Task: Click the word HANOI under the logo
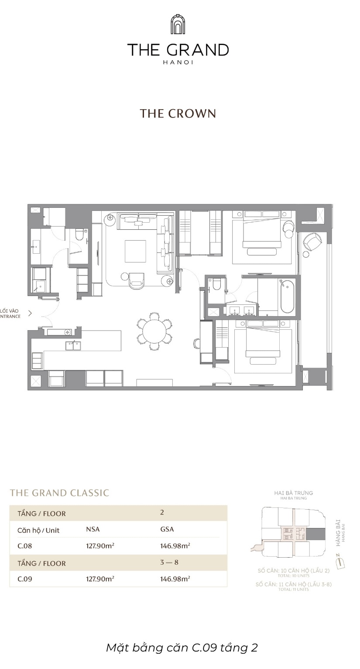[x=178, y=62]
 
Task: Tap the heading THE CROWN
[x=178, y=114]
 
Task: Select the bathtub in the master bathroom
[x=287, y=297]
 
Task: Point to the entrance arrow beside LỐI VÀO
[x=30, y=313]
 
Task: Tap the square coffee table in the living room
[x=135, y=252]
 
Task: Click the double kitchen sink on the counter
[x=73, y=346]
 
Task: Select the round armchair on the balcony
[x=312, y=241]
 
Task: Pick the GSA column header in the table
[x=167, y=529]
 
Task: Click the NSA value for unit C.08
[x=100, y=546]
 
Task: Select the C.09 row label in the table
[x=25, y=579]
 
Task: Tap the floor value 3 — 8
[x=169, y=562]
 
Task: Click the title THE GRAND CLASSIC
[x=59, y=493]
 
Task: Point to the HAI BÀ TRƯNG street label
[x=293, y=493]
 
